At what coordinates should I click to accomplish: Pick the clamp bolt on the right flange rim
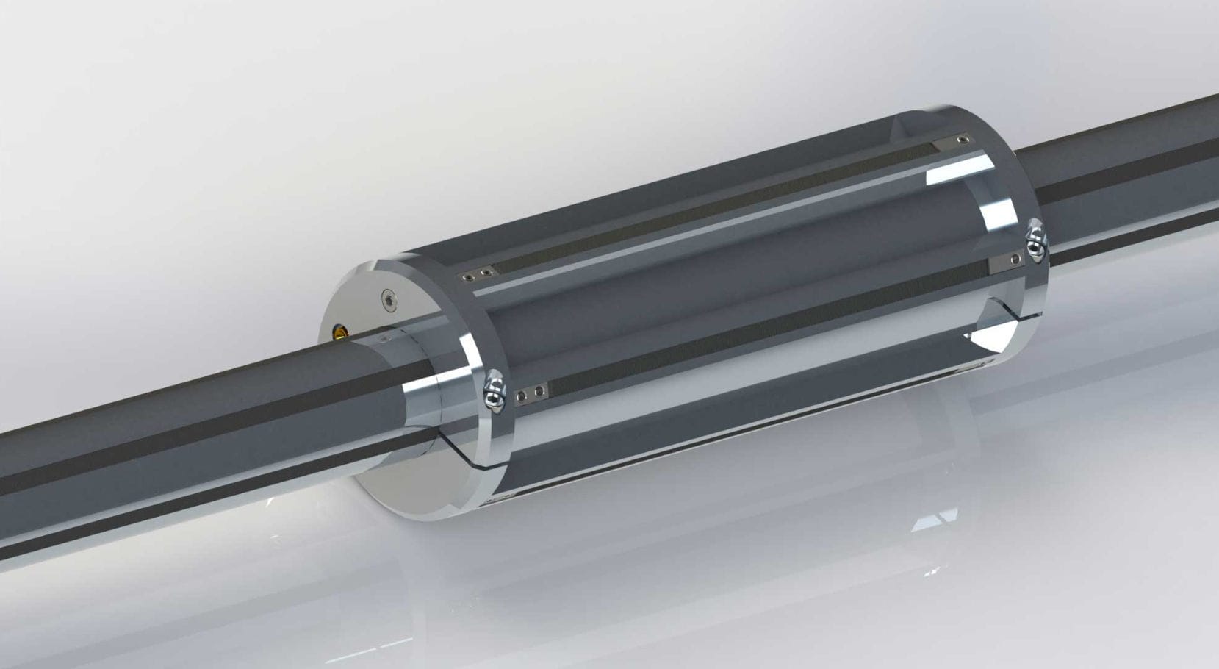tap(1034, 240)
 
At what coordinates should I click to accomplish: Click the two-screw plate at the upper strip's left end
tap(475, 276)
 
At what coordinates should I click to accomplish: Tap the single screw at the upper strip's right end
tap(963, 140)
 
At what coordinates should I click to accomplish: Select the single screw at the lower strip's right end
tap(1015, 259)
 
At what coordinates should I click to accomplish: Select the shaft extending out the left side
tap(184, 434)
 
